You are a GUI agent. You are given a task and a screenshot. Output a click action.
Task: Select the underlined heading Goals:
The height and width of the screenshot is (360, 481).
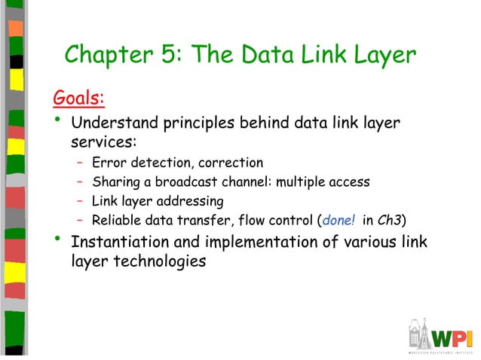point(78,99)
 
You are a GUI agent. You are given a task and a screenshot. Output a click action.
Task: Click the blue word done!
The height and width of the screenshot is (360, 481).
point(339,221)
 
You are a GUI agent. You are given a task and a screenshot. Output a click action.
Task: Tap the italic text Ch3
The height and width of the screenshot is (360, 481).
point(394,221)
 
